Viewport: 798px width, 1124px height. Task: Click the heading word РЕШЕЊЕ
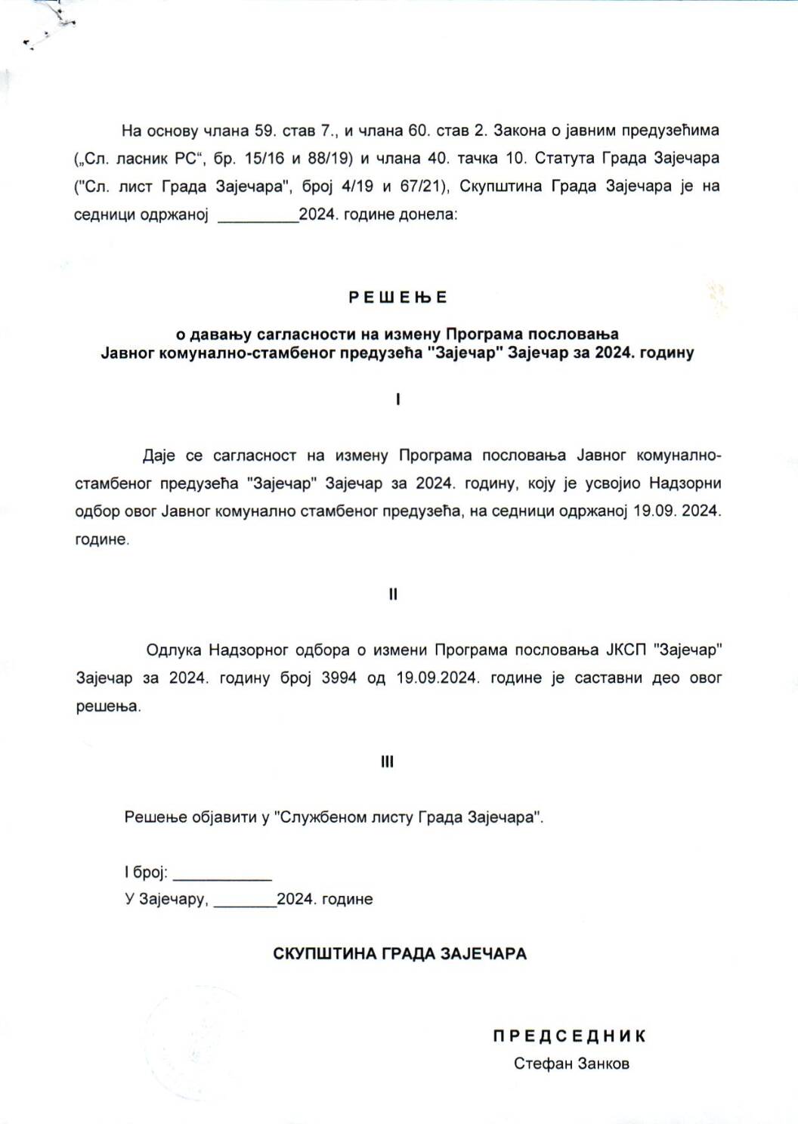398,298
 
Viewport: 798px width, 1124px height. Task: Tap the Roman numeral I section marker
398,400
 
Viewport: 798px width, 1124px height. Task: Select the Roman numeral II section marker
393,594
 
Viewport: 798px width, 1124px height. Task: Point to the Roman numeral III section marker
387,762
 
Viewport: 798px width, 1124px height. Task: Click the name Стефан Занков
571,1064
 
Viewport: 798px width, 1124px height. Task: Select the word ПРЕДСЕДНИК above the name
570,1036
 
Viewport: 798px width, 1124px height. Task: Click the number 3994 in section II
339,678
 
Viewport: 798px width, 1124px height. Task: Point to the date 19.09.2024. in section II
437,678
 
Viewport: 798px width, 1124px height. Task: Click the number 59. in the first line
264,131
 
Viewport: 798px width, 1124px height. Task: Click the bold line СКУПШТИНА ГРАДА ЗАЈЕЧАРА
400,953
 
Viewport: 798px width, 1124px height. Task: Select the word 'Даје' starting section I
159,455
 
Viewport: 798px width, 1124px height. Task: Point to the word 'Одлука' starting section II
174,650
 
